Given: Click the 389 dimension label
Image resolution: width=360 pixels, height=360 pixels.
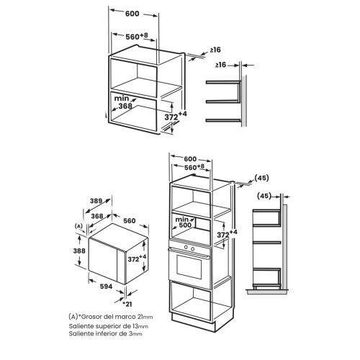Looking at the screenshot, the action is tap(96, 201).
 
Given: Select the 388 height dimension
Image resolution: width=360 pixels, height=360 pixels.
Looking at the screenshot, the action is tap(79, 251).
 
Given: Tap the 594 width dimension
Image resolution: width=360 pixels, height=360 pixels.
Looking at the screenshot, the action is tap(106, 287).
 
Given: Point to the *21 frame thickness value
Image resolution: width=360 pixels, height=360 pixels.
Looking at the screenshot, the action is tap(127, 304).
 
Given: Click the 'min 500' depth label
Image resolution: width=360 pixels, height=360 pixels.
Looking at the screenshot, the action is tap(184, 222).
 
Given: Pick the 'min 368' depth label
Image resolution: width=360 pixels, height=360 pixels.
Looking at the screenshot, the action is tap(123, 102).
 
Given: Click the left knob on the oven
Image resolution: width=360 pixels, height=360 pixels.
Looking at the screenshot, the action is tap(186, 247).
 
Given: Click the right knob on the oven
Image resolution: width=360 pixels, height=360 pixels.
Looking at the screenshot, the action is tap(192, 249).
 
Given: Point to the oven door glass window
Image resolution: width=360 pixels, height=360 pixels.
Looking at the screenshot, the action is tap(189, 267).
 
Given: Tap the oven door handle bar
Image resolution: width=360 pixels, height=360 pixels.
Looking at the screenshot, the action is tap(189, 253).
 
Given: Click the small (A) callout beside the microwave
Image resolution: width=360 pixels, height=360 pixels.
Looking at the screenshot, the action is tap(78, 226).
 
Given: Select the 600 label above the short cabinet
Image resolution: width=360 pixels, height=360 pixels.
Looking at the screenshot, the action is tap(132, 14).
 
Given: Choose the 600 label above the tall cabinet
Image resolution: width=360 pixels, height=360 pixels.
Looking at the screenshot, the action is tap(190, 159).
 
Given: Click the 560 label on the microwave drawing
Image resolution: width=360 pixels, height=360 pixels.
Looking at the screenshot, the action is tap(130, 220).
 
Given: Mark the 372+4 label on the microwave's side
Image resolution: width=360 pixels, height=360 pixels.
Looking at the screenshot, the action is tap(137, 258).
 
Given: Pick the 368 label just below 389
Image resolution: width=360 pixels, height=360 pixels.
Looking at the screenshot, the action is tap(97, 216).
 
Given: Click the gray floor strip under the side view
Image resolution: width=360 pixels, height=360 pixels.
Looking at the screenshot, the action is tap(267, 292).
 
